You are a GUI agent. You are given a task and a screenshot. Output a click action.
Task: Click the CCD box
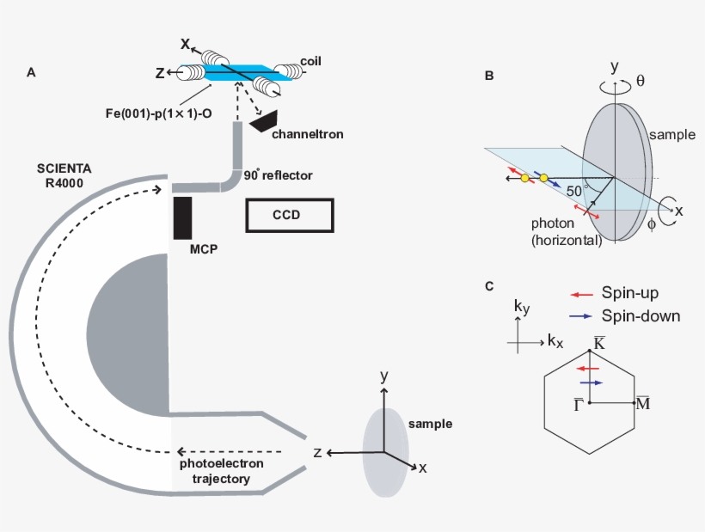click(x=289, y=215)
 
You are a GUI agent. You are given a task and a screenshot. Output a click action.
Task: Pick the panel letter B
click(x=489, y=76)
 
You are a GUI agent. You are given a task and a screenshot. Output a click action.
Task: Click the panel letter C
click(x=489, y=286)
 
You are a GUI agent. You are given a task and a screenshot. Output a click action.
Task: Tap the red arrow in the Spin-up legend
click(x=580, y=294)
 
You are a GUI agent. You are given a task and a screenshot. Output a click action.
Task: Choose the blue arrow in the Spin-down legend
click(x=580, y=315)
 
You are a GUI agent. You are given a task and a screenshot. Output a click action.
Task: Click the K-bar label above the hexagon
click(x=589, y=343)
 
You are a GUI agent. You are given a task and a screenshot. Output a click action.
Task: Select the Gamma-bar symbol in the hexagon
click(x=579, y=404)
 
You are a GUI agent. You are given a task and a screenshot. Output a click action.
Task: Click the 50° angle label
click(x=573, y=190)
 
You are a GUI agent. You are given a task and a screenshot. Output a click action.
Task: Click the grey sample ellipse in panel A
click(x=384, y=451)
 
